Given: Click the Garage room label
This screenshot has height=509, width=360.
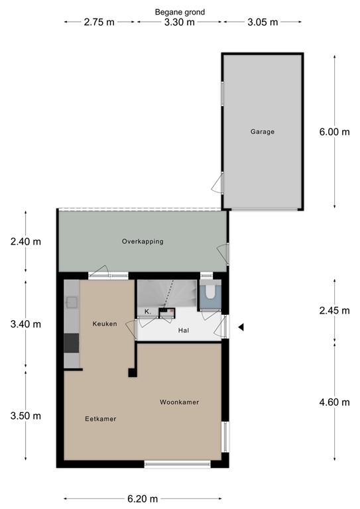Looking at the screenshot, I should coord(262,132).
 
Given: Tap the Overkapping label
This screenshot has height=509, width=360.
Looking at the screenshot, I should coord(143,241).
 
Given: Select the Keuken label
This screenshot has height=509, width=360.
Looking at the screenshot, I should coord(105,324).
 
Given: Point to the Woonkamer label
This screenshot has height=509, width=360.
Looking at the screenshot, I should coord(179,402).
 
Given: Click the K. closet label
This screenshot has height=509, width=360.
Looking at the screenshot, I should coord(147,311).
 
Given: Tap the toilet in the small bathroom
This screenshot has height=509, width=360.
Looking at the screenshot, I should coord(210,290).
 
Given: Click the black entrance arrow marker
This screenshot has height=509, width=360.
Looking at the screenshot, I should coord(242,327).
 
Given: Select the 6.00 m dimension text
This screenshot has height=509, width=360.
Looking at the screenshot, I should coord(334,132).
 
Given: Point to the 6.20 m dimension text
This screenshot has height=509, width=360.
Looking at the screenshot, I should coord(143,498).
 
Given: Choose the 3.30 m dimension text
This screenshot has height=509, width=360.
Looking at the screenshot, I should coord(180,22).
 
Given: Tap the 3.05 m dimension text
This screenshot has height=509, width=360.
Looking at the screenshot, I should coord(263,22).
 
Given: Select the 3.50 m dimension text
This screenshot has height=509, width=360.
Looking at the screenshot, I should coord(26,416).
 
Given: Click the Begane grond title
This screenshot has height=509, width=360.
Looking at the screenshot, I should coord(180,12).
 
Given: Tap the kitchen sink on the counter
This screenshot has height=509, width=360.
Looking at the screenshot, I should coord(72,303).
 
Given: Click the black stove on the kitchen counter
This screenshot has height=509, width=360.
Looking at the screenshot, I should coord(72,343).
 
